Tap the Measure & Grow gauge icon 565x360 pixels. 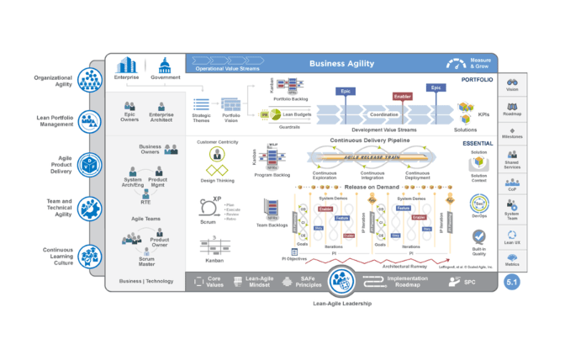(456, 62)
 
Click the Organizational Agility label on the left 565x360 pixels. (52, 81)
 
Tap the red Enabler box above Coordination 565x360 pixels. (402, 97)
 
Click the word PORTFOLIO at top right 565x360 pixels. (476, 80)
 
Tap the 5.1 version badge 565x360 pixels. (511, 283)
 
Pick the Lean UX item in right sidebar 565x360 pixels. (512, 241)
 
